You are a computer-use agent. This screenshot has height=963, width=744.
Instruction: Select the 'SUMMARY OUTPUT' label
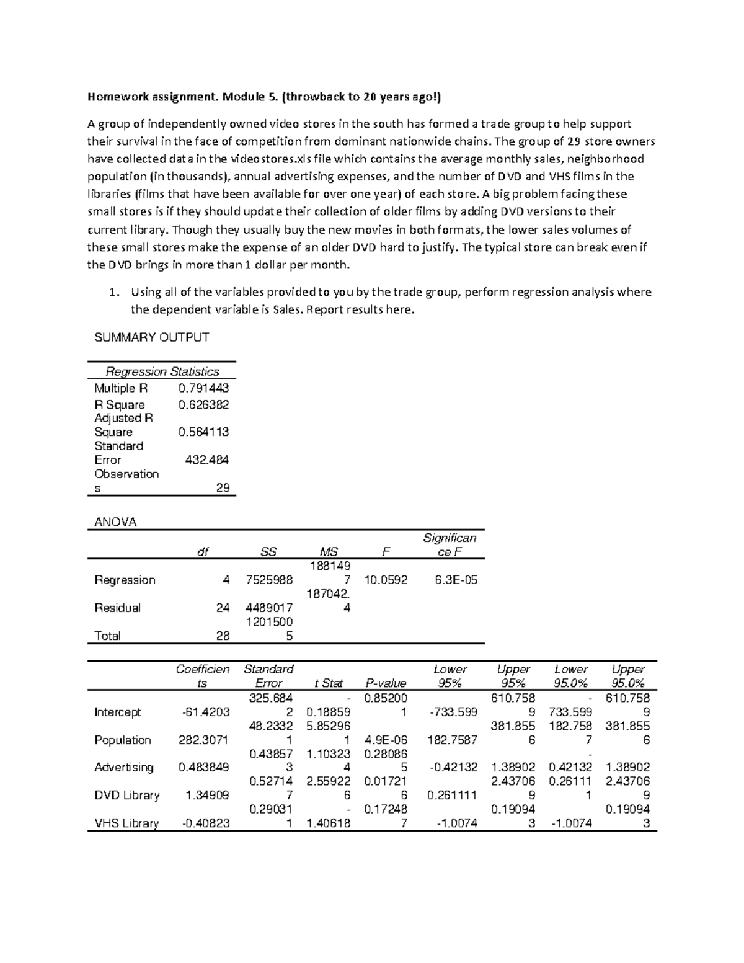[151, 337]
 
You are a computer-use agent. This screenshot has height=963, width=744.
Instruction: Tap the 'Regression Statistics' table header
[162, 371]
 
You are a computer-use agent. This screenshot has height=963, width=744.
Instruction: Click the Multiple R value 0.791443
[203, 388]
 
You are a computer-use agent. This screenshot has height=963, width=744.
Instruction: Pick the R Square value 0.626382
[203, 405]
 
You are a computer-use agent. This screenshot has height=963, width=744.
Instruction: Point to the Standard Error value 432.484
[207, 460]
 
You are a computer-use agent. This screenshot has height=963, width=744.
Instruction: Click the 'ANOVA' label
[115, 522]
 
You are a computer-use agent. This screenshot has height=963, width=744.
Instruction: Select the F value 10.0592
[386, 580]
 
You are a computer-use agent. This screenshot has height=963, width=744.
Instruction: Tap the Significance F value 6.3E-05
[456, 580]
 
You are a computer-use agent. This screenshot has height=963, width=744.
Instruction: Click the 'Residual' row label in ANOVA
[117, 608]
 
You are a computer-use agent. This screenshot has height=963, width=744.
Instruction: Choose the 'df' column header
[203, 553]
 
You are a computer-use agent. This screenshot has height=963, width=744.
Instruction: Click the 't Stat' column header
[328, 683]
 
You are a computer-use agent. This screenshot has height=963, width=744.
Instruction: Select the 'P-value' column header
[386, 683]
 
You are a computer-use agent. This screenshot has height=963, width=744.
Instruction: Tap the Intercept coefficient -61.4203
[205, 712]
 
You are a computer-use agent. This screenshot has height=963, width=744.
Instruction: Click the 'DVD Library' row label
[126, 796]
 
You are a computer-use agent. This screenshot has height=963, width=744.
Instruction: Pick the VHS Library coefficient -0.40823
[205, 823]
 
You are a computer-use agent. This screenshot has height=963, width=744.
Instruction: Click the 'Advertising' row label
[123, 768]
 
